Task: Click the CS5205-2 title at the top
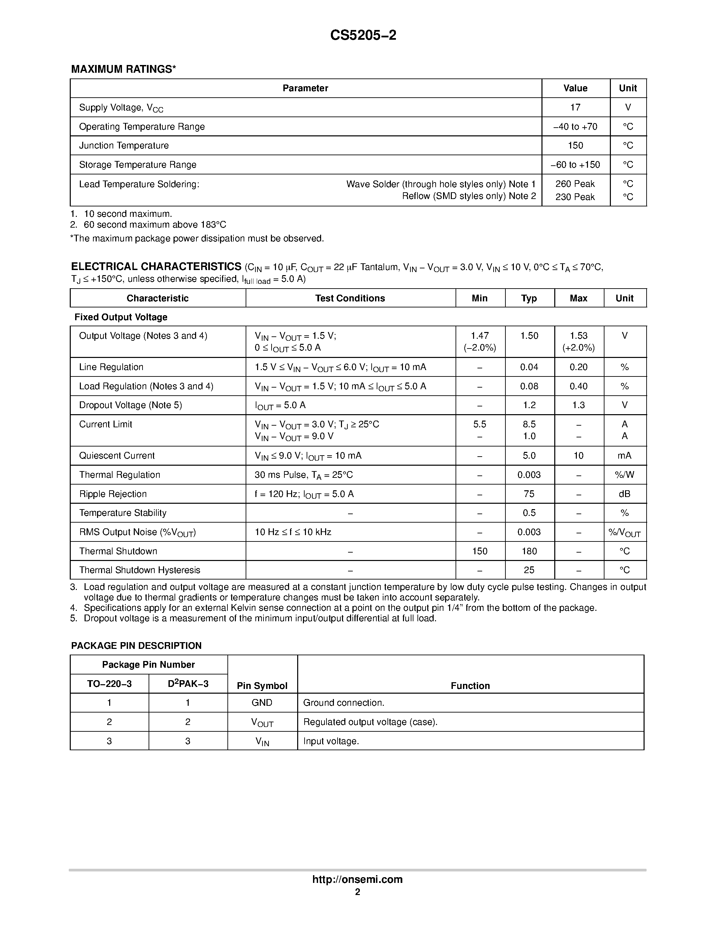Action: tap(363, 35)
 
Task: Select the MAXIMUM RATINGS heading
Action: tap(123, 69)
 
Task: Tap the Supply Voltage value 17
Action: tap(575, 107)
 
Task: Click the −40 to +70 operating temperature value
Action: tap(575, 126)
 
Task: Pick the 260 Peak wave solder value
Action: tap(575, 184)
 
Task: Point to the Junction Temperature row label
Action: tap(124, 145)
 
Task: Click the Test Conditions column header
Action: tap(350, 298)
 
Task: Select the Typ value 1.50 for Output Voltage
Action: tap(529, 336)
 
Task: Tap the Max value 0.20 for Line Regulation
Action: tap(578, 367)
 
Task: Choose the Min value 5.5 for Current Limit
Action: tap(480, 424)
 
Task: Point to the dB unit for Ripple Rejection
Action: tap(624, 494)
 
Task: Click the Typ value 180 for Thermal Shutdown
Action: tap(529, 551)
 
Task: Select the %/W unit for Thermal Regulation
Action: tap(624, 475)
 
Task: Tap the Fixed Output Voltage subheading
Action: tap(121, 317)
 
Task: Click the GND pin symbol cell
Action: tap(262, 702)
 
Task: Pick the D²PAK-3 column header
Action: tap(188, 684)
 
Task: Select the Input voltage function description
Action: tap(331, 741)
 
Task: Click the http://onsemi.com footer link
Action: tap(357, 879)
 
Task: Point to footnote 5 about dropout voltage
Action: tap(259, 618)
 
